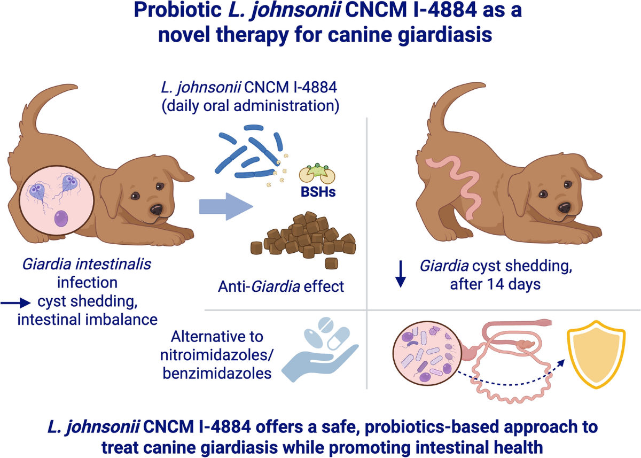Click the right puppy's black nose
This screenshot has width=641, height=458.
click(x=565, y=206)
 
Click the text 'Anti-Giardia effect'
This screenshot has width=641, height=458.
click(x=280, y=286)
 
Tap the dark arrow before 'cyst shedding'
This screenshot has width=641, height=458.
click(x=16, y=303)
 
